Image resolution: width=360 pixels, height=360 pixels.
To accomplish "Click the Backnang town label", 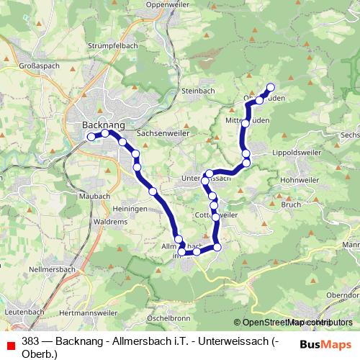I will click(x=99, y=124).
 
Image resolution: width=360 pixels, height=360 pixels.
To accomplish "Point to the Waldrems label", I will click(x=111, y=222).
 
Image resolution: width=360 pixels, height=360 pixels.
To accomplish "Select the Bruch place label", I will click(x=291, y=204).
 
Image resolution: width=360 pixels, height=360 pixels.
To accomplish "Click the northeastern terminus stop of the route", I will click(x=271, y=88).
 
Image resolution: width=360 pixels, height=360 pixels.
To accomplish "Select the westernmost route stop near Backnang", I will click(x=91, y=136).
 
